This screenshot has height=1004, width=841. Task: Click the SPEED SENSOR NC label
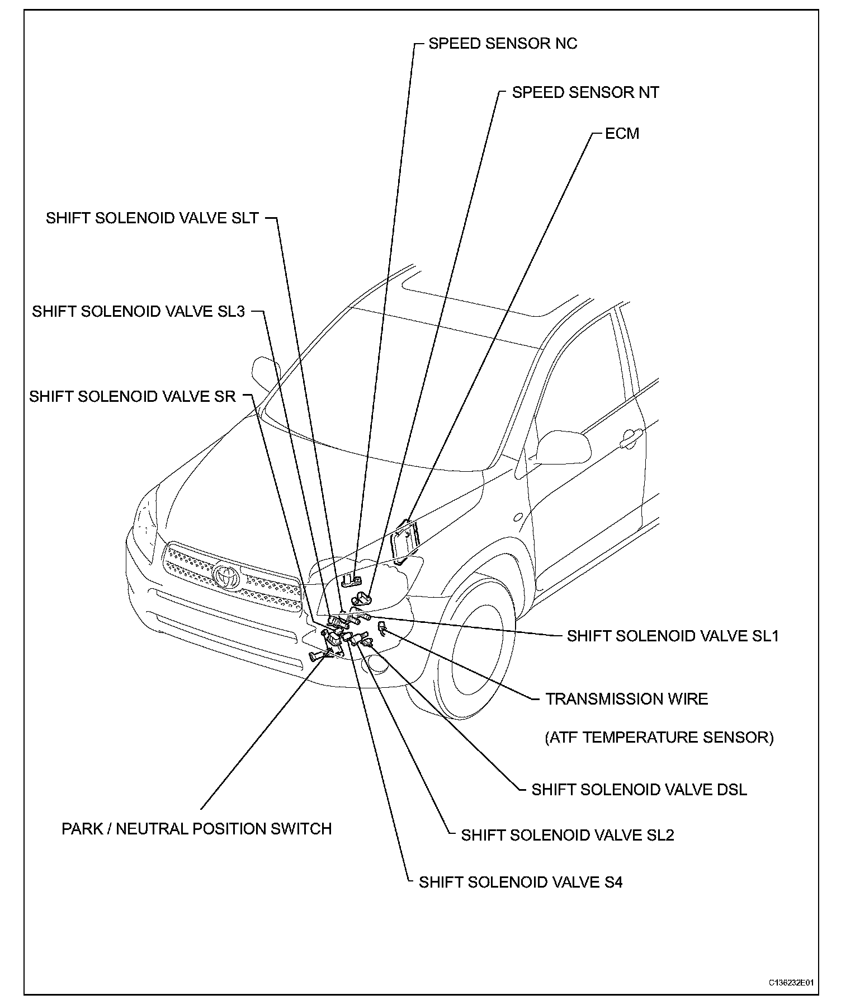(502, 44)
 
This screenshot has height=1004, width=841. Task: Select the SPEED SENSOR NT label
(585, 92)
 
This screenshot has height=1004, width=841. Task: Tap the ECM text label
(622, 134)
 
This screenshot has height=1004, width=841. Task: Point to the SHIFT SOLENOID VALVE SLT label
(152, 218)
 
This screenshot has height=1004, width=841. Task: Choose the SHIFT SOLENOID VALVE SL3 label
(138, 311)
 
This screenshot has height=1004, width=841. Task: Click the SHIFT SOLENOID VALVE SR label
(133, 396)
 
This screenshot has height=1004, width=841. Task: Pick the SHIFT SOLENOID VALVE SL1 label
(672, 636)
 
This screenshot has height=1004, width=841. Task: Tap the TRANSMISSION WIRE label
(626, 699)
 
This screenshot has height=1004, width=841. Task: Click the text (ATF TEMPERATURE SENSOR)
(659, 737)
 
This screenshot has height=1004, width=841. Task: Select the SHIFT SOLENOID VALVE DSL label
(639, 790)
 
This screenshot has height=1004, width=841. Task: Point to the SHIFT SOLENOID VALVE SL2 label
(567, 836)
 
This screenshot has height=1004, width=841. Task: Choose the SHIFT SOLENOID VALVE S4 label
(520, 883)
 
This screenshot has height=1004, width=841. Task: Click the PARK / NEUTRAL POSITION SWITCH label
(196, 829)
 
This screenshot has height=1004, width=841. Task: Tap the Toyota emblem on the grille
(227, 575)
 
